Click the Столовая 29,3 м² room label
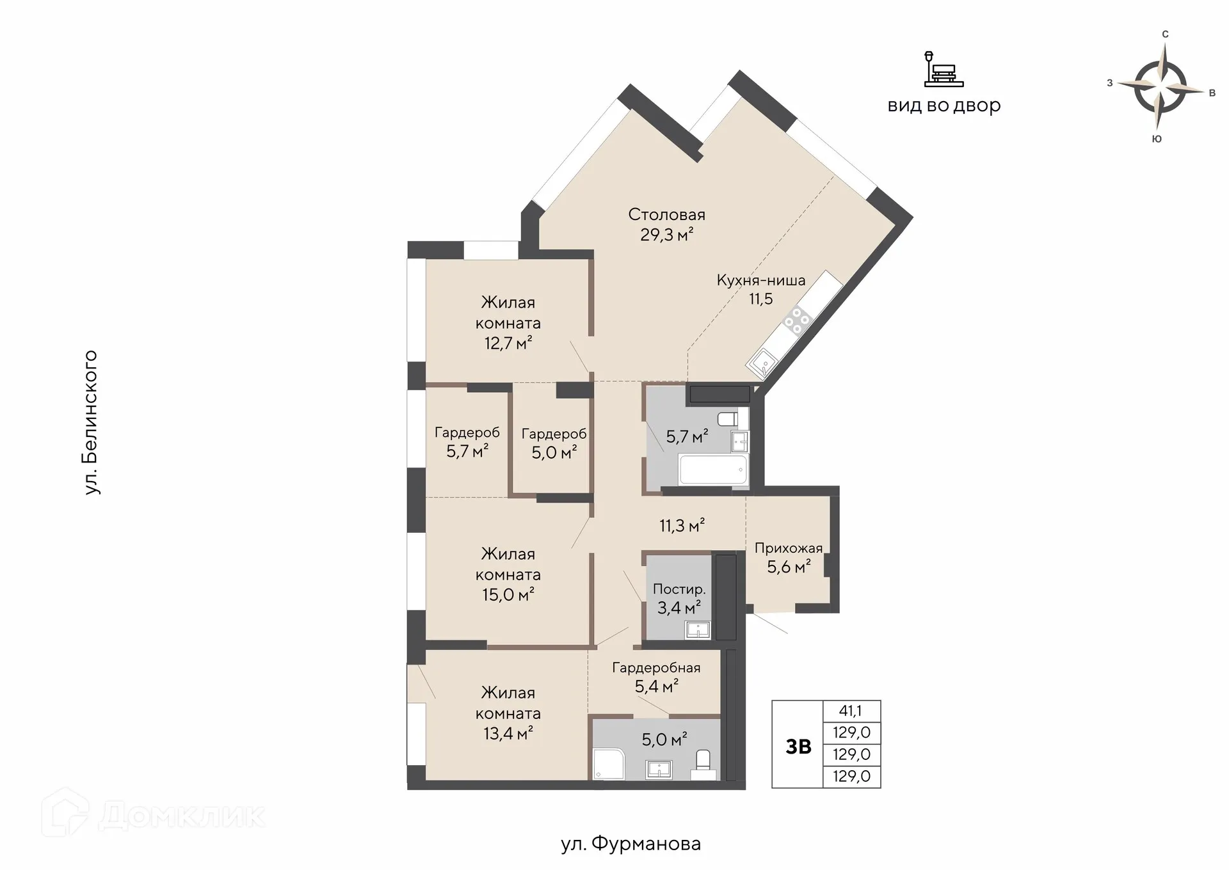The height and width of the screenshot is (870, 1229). click(666, 225)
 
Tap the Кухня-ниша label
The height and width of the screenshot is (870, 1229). click(761, 280)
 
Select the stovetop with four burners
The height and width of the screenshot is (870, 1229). click(798, 320)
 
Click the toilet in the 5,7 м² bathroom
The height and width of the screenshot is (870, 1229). click(729, 420)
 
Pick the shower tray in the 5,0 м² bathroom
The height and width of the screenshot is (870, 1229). click(609, 764)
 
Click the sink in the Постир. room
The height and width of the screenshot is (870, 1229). click(697, 629)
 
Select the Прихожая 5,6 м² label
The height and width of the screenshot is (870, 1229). click(789, 557)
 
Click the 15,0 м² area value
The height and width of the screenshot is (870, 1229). click(508, 595)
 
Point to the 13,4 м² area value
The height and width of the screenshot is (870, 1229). click(508, 733)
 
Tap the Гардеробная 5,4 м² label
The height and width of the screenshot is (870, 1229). click(656, 677)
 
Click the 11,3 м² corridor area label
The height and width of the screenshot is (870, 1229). click(682, 526)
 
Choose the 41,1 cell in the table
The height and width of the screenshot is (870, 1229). click(851, 711)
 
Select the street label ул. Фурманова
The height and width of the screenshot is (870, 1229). click(631, 844)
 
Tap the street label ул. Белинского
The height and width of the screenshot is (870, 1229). click(91, 422)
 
